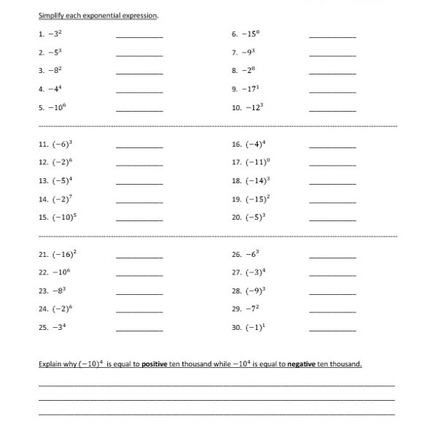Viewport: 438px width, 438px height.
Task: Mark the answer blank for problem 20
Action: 333,219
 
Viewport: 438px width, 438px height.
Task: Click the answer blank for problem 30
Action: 333,330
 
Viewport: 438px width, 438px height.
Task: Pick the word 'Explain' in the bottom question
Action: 49,364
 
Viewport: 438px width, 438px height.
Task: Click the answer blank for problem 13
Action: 139,182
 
